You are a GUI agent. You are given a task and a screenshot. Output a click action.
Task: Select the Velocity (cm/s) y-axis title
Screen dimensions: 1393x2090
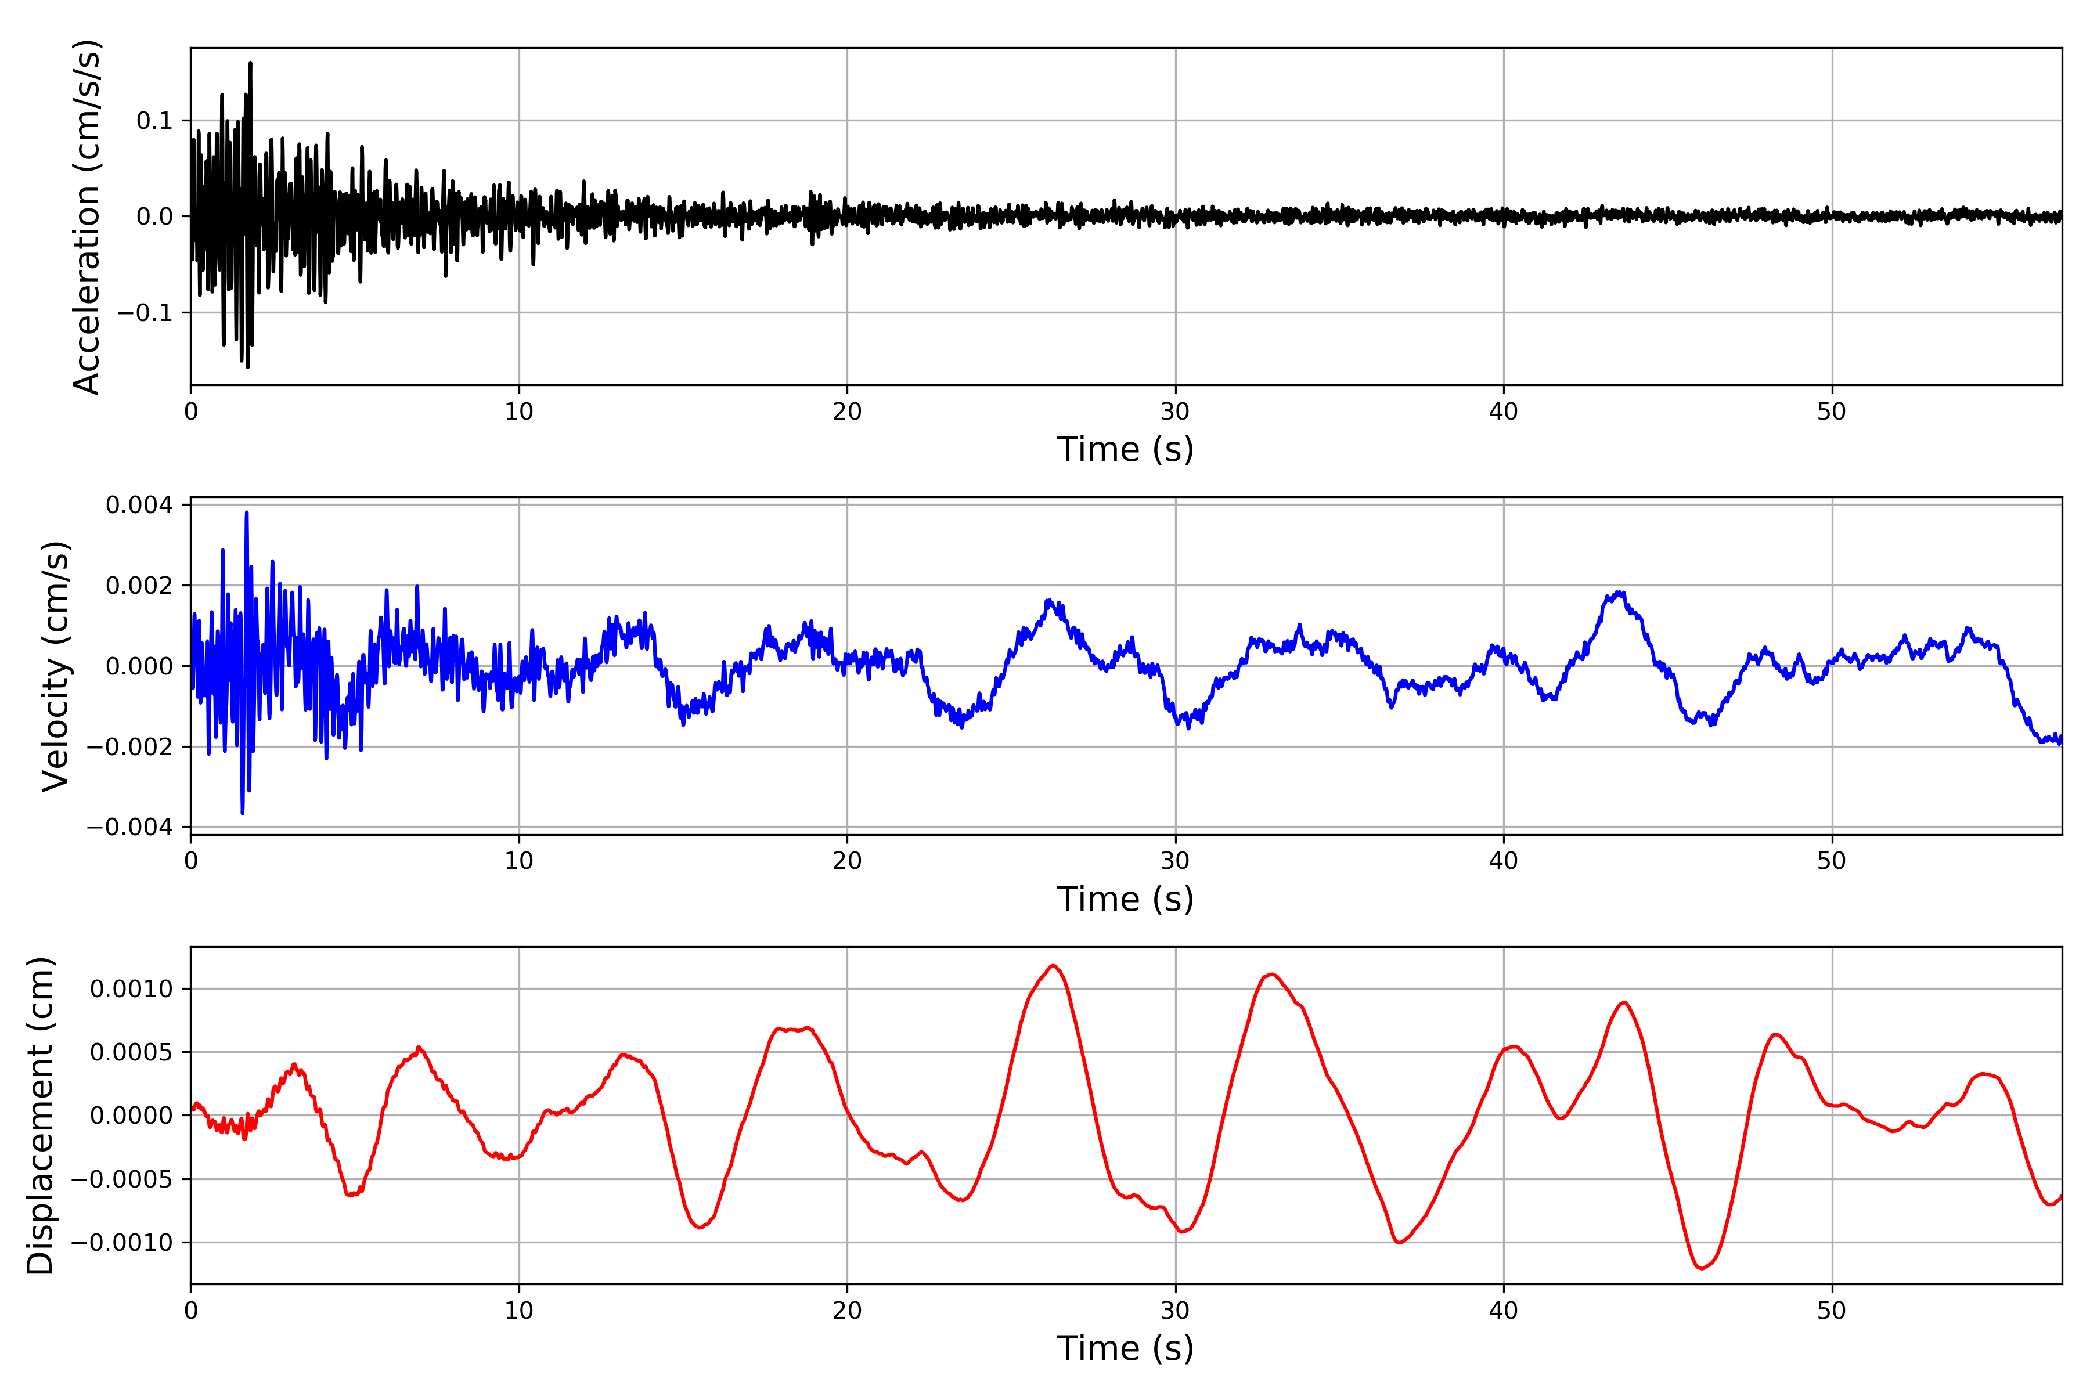point(55,666)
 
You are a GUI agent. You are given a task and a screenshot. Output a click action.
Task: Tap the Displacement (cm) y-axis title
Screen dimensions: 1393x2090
point(40,1116)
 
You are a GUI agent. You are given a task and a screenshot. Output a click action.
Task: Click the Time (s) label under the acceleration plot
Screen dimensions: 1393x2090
point(1125,449)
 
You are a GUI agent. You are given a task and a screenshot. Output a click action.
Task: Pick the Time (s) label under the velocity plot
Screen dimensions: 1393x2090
point(1125,899)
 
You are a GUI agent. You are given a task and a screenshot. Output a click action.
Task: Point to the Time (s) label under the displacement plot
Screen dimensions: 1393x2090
point(1125,1348)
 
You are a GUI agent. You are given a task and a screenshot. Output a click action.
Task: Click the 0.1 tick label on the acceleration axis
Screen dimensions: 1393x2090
point(154,121)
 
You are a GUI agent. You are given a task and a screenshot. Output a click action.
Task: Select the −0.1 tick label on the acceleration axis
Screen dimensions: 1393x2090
point(145,313)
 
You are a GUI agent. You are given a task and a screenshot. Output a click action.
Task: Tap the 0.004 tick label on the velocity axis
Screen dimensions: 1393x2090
point(139,506)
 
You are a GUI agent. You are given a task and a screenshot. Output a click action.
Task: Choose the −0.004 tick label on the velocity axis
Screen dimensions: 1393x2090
point(129,827)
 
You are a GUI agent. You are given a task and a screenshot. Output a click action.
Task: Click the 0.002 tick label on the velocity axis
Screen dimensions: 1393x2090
point(139,586)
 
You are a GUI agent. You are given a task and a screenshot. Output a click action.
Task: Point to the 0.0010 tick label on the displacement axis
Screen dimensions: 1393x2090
point(132,989)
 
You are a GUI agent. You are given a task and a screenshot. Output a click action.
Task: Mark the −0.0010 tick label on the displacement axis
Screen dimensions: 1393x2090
point(122,1243)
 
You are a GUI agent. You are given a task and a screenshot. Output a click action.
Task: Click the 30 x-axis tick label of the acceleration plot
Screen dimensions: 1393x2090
point(1174,412)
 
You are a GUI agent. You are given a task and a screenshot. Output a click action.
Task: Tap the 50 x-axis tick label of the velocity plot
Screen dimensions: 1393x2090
point(1832,861)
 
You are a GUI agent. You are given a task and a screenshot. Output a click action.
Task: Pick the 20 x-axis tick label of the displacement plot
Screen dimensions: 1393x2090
point(847,1311)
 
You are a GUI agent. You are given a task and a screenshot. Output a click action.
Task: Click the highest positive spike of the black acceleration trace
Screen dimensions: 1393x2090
point(251,63)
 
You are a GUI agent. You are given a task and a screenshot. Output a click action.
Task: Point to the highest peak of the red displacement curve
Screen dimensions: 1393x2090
point(1053,966)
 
